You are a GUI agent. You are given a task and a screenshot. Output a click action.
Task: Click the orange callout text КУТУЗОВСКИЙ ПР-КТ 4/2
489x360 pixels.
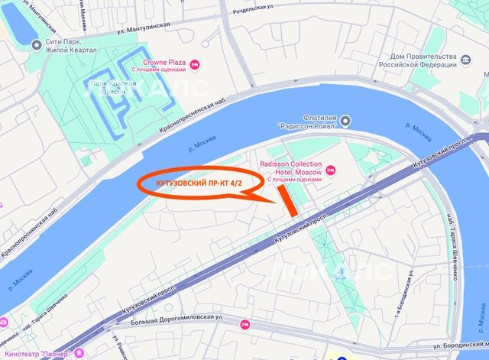coord(196,185)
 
